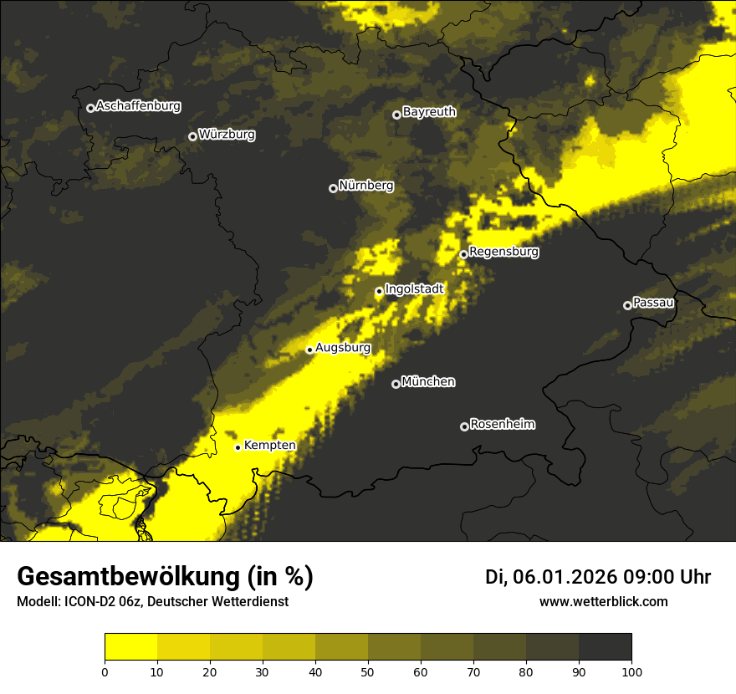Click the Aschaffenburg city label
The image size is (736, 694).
(x=138, y=106)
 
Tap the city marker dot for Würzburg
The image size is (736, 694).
(x=192, y=136)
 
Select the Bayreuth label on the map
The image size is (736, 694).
(x=429, y=112)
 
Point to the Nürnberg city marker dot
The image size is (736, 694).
(x=333, y=188)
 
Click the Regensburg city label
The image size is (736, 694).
(x=503, y=252)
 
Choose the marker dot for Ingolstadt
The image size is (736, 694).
(x=379, y=292)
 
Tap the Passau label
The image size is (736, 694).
(x=653, y=303)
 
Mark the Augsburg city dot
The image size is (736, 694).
(x=309, y=350)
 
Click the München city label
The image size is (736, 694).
(x=428, y=382)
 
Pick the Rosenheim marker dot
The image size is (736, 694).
(x=464, y=427)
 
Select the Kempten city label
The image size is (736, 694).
(x=269, y=446)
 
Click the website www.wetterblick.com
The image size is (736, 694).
(x=603, y=602)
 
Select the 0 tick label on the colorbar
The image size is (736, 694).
(x=105, y=671)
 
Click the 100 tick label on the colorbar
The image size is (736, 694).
(x=631, y=671)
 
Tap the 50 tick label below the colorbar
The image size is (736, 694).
(x=368, y=671)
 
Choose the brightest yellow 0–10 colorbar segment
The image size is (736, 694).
(x=130, y=647)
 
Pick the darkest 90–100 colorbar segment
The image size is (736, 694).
(x=605, y=647)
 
